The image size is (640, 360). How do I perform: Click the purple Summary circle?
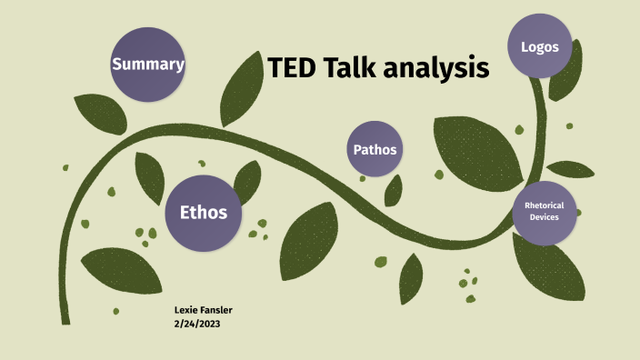pos(148,64)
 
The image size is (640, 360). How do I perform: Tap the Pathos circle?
pos(375,148)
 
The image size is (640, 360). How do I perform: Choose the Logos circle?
pos(539,46)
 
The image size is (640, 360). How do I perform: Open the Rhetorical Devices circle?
pos(544,212)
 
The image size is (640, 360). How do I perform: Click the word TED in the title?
pos(293,67)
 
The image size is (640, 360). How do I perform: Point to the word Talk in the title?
pos(355,67)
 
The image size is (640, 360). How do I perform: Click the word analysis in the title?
pos(441,69)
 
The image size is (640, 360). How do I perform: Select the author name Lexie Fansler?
pos(204,311)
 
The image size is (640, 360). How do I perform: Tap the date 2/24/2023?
pos(199,324)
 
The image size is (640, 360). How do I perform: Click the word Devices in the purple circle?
pos(544,217)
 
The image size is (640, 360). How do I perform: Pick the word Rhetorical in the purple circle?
pos(544,205)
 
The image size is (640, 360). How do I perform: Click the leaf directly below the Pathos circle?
pos(394,190)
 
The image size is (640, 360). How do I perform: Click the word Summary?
pos(148,64)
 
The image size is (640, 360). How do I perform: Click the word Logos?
pos(539,46)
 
